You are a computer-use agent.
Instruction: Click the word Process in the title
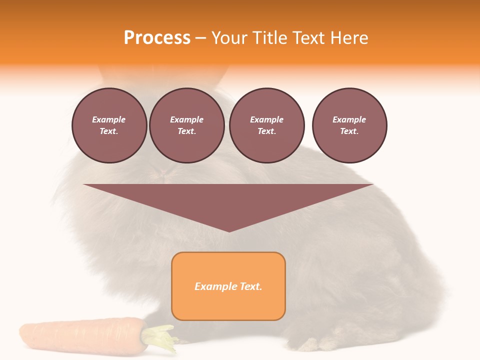click(157, 38)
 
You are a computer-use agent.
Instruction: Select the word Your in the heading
click(228, 38)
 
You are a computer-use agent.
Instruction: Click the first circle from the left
click(109, 125)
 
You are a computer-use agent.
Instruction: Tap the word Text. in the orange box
click(250, 286)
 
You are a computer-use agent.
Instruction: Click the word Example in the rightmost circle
click(349, 119)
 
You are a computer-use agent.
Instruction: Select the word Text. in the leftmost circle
click(109, 131)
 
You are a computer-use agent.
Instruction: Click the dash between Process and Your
click(200, 38)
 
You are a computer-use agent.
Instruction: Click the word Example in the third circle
click(266, 119)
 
